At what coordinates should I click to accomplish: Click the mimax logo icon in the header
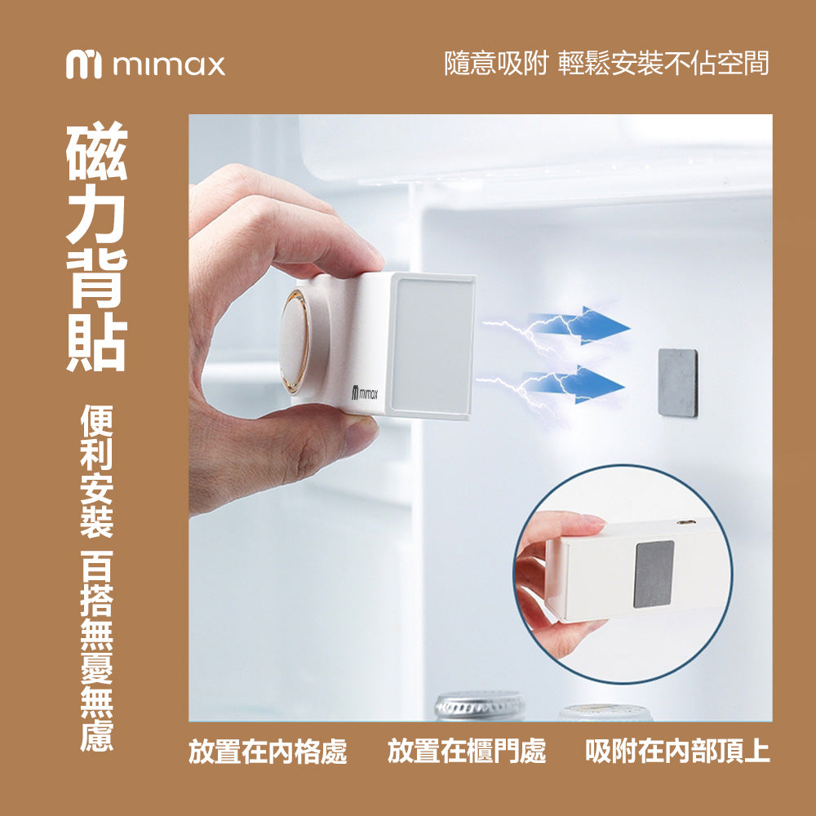84,64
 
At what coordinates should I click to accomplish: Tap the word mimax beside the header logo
169,65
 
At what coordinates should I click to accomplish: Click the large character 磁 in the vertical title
97,151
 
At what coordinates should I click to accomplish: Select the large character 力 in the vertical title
97,214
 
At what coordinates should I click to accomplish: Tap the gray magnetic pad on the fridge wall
677,383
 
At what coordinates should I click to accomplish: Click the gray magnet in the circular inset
654,574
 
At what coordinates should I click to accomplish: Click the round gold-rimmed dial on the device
295,341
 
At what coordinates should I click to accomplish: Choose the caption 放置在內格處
268,752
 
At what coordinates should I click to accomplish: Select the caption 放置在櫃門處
467,752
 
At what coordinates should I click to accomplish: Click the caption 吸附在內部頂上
677,752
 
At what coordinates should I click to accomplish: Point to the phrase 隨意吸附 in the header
496,64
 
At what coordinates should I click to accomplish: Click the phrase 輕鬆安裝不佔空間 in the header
664,64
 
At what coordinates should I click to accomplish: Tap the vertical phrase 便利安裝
97,472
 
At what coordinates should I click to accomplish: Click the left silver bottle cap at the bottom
480,706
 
